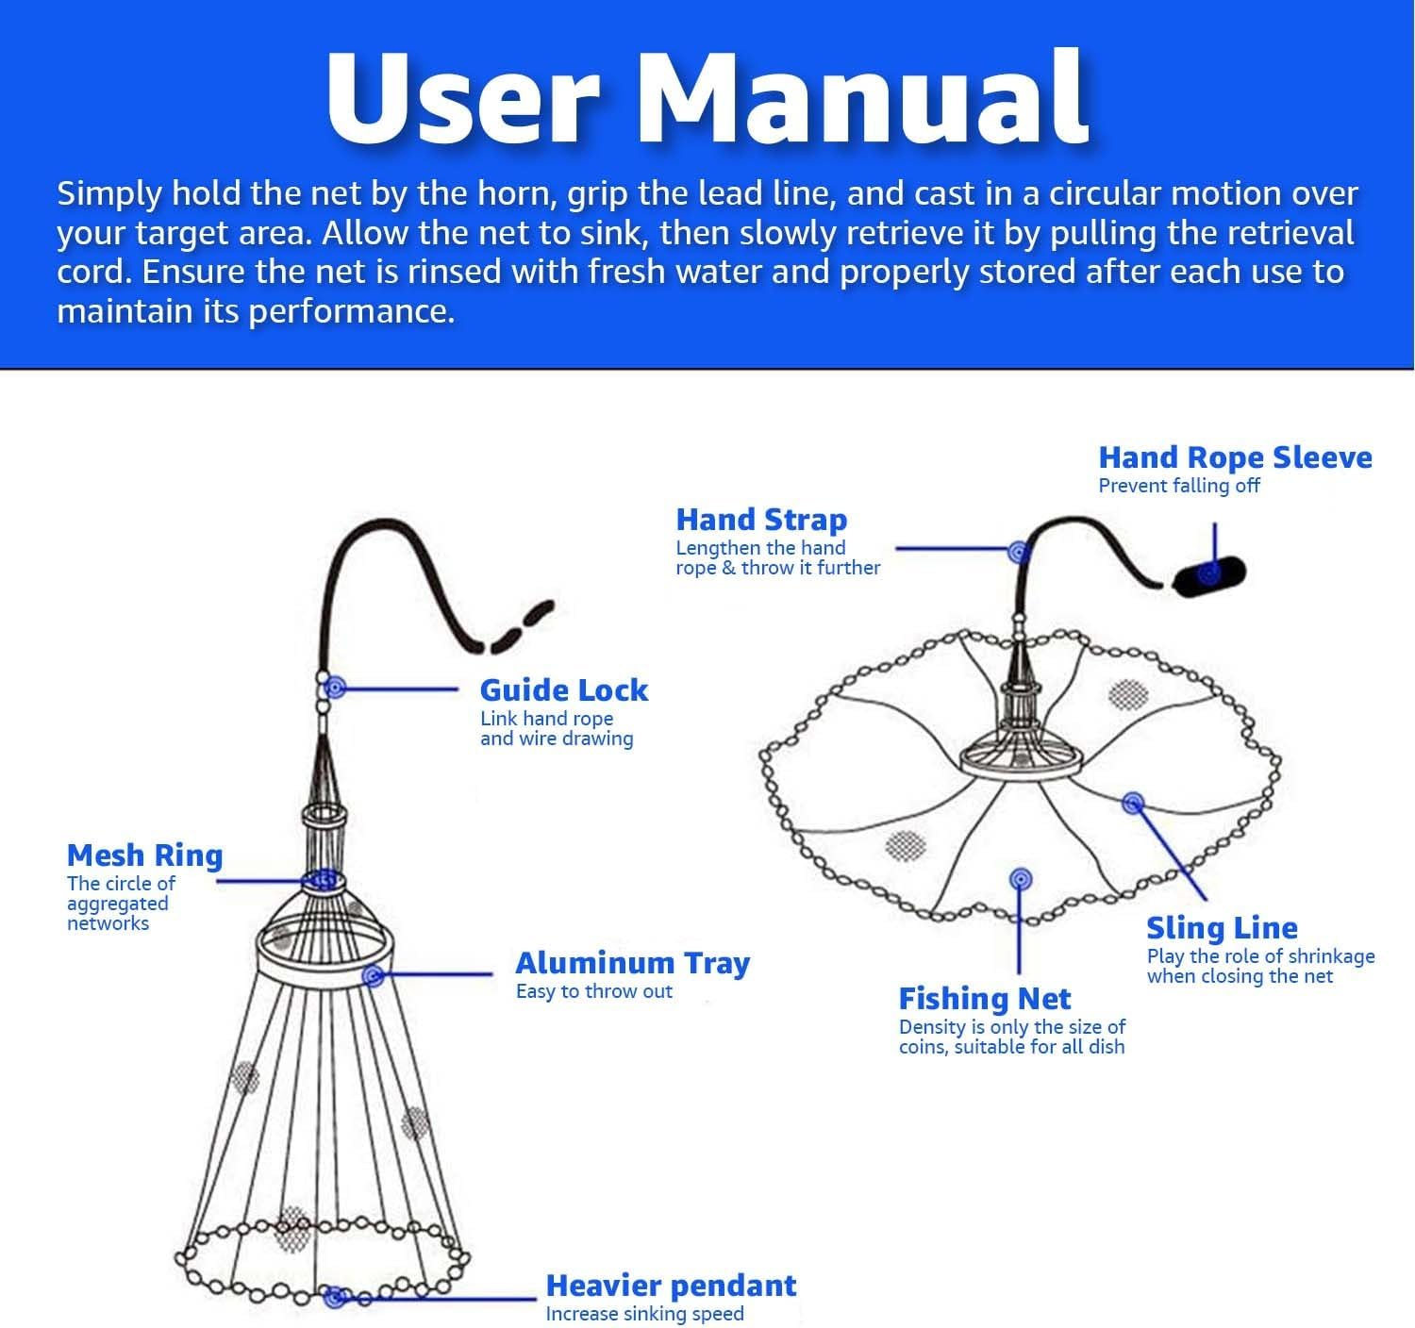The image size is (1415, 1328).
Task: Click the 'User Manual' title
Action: [x=707, y=98]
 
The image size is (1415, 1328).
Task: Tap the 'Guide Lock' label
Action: [x=563, y=690]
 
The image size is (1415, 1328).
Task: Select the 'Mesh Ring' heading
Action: [x=144, y=855]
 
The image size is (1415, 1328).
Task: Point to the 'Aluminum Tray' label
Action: [x=632, y=963]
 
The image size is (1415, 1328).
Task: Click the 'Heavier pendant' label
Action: [x=671, y=1286]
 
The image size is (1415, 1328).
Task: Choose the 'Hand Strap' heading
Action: [x=761, y=520]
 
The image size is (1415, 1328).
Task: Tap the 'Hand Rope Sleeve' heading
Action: [x=1235, y=457]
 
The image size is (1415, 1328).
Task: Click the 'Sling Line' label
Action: [x=1222, y=928]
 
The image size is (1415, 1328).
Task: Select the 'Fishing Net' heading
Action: [x=984, y=999]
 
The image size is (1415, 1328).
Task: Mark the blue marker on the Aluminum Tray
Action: [x=374, y=975]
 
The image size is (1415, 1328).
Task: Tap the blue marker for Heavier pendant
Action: [x=332, y=1298]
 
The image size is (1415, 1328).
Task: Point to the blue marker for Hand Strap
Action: [x=1017, y=550]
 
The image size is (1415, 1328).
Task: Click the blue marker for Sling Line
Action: [x=1133, y=804]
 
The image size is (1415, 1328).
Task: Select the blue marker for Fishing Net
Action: [x=1019, y=880]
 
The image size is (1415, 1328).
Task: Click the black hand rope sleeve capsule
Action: [x=1209, y=573]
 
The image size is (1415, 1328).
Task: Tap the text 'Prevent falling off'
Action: [x=1178, y=486]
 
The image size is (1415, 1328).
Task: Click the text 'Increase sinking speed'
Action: [x=644, y=1314]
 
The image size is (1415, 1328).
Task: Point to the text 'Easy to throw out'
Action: [x=593, y=991]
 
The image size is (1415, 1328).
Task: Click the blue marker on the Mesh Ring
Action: [x=324, y=880]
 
